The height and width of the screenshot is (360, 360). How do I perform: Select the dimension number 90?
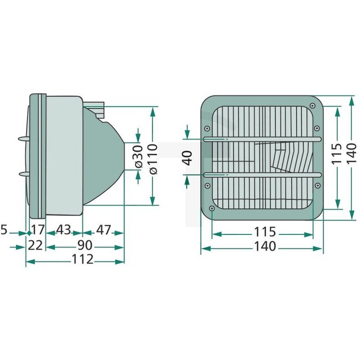coord(85,245)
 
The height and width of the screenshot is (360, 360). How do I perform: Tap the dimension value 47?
coord(104,229)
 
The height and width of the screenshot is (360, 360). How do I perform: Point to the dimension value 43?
coord(64,229)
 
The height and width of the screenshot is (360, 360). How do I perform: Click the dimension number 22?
coord(35,245)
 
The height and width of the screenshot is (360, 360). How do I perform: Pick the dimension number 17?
coord(37,229)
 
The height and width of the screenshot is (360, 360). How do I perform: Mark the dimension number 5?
coord(5,229)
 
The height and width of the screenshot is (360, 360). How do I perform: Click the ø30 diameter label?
coord(138,157)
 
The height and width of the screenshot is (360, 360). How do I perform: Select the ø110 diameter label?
coord(153,157)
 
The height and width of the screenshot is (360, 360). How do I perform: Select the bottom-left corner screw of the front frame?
coord(212,208)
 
